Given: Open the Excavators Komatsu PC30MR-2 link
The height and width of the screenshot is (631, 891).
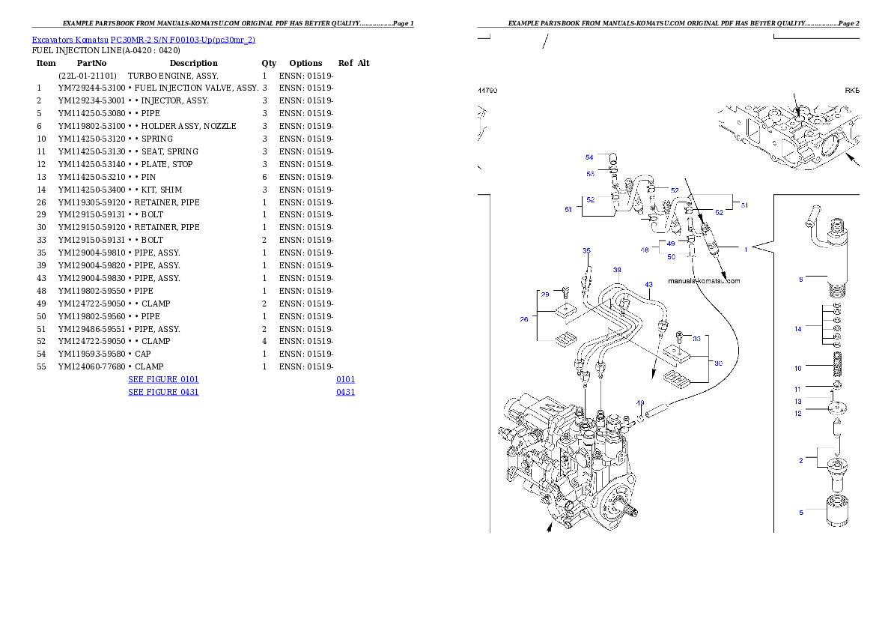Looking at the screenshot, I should coord(143,40).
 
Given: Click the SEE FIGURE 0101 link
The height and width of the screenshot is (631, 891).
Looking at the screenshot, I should coord(163,380).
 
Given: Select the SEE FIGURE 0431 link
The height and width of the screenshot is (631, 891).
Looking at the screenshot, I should coord(163,392).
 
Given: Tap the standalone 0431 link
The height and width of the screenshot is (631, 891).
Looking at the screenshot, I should coord(345,392).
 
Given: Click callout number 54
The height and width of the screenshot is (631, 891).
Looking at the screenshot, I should coord(589,157).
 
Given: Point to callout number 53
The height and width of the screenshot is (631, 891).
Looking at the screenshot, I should coord(590,174).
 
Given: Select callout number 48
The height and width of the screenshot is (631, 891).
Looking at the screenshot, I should coord(645,250).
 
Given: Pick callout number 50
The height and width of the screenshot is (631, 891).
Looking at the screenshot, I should coord(671,257).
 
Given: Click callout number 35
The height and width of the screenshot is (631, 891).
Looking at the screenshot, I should coord(586,250).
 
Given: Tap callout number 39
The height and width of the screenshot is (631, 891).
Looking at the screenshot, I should coord(617,270).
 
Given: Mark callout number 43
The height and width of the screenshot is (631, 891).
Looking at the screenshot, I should coord(648,285).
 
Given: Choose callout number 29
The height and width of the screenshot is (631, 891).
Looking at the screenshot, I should coord(545,295).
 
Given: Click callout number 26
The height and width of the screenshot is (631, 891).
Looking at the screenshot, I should coord(524,319).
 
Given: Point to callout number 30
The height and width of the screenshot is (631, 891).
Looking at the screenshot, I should coord(718,363).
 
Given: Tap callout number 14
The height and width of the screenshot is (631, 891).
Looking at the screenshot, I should coord(798,329).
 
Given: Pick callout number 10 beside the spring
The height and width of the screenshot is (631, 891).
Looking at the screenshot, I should coord(798,369).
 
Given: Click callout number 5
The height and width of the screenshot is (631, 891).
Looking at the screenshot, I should coord(800,513).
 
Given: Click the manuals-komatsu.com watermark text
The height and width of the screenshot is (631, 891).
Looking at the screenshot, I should coord(704,282).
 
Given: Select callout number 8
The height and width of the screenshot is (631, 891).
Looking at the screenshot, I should coord(800,280).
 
